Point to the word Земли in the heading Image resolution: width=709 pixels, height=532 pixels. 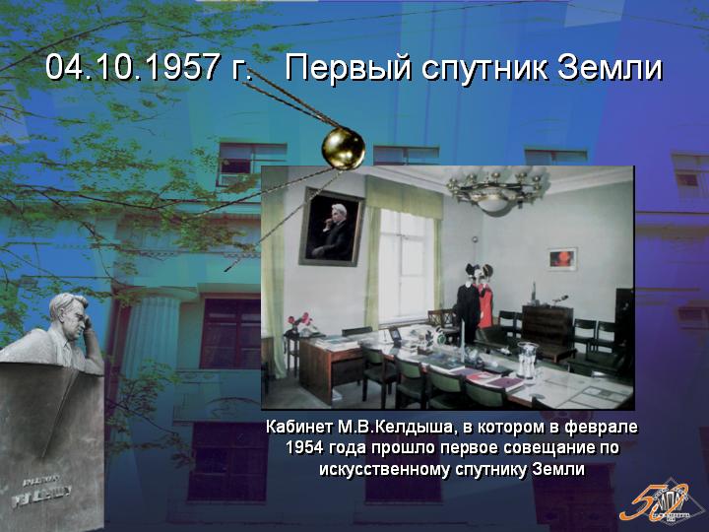pos(611,67)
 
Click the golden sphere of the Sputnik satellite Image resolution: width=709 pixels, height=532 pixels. pos(344,149)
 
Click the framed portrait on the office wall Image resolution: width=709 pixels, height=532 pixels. pos(332,228)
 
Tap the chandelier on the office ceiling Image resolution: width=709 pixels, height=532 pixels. pos(495,190)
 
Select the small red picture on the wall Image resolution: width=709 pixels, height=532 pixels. pos(562,259)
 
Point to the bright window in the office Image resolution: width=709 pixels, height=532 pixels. pos(406,266)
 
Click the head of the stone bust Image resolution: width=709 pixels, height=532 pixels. pos(70,312)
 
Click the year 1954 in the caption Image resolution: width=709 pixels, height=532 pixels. pos(304,448)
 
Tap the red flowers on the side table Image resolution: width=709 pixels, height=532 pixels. pos(299,320)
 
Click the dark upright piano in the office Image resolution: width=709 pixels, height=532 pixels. pos(548,329)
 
